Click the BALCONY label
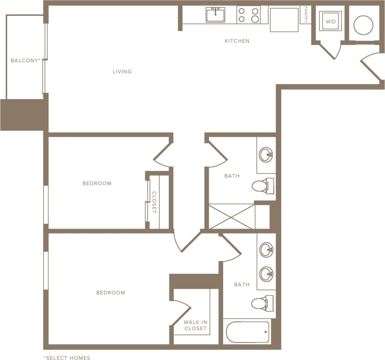[x=25, y=61]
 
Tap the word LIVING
[x=122, y=72]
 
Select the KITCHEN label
[x=237, y=41]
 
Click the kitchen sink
[x=215, y=15]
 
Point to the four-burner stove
[x=249, y=15]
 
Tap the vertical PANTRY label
[x=306, y=15]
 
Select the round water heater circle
[x=363, y=25]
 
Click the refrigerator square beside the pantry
[x=284, y=20]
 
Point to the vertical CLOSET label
[x=154, y=202]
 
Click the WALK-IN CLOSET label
[x=195, y=326]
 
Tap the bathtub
[x=248, y=332]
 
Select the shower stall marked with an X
[x=231, y=216]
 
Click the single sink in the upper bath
[x=266, y=155]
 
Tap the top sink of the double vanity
[x=266, y=250]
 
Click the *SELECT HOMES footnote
[x=67, y=358]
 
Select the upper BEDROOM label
[x=97, y=183]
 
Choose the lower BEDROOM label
[x=110, y=293]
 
